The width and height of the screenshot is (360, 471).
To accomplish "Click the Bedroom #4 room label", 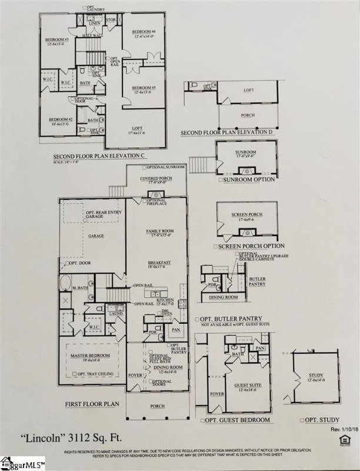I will click(143, 31).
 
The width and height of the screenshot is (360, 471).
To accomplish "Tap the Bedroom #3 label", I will click(57, 39).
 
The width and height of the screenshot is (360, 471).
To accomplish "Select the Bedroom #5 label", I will click(144, 88).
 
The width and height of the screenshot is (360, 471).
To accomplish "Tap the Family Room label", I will click(158, 232).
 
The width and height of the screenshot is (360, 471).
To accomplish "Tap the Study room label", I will click(315, 376).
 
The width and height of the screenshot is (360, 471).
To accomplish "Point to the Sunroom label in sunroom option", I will click(246, 152).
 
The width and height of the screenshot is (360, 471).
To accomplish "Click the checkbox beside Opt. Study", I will click(301, 420).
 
